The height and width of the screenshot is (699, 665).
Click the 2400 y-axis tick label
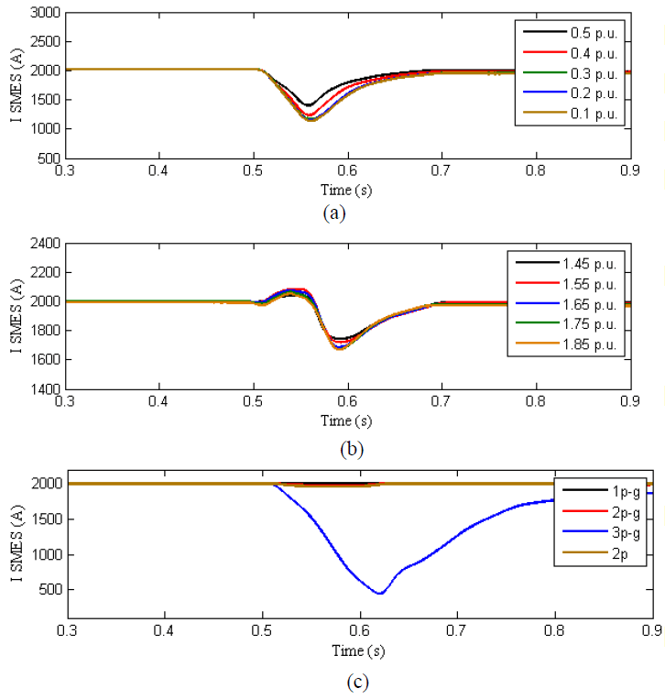pos(45,244)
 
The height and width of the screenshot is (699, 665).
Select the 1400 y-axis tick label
pos(45,388)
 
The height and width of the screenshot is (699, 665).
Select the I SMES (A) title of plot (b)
pos(13,316)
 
